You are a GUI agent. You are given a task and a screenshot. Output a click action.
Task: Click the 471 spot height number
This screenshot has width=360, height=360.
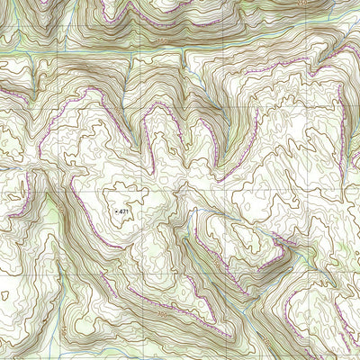[125, 211]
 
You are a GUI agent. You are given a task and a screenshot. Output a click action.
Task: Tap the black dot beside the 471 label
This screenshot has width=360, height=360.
[117, 211]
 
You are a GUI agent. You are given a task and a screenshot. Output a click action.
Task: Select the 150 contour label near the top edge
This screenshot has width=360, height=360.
[163, 41]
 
